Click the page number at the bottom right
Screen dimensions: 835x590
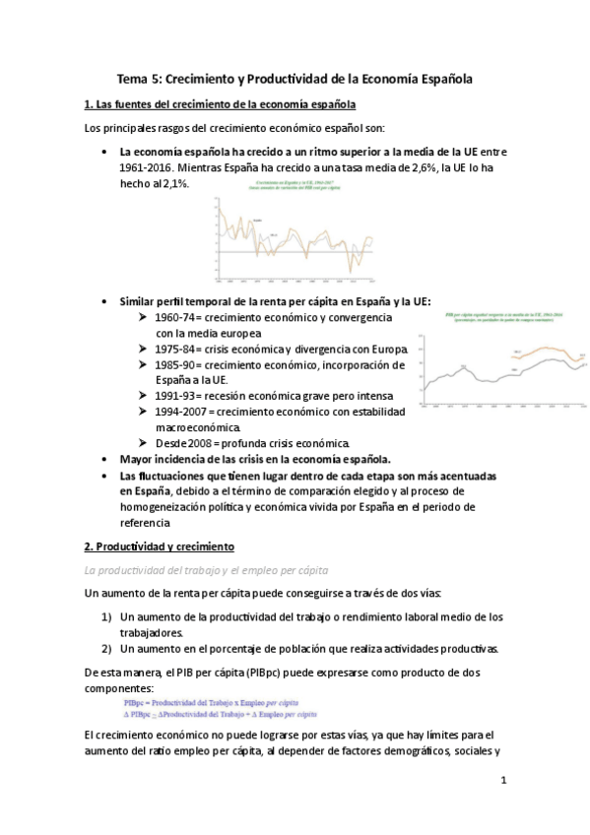pos(503,783)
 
